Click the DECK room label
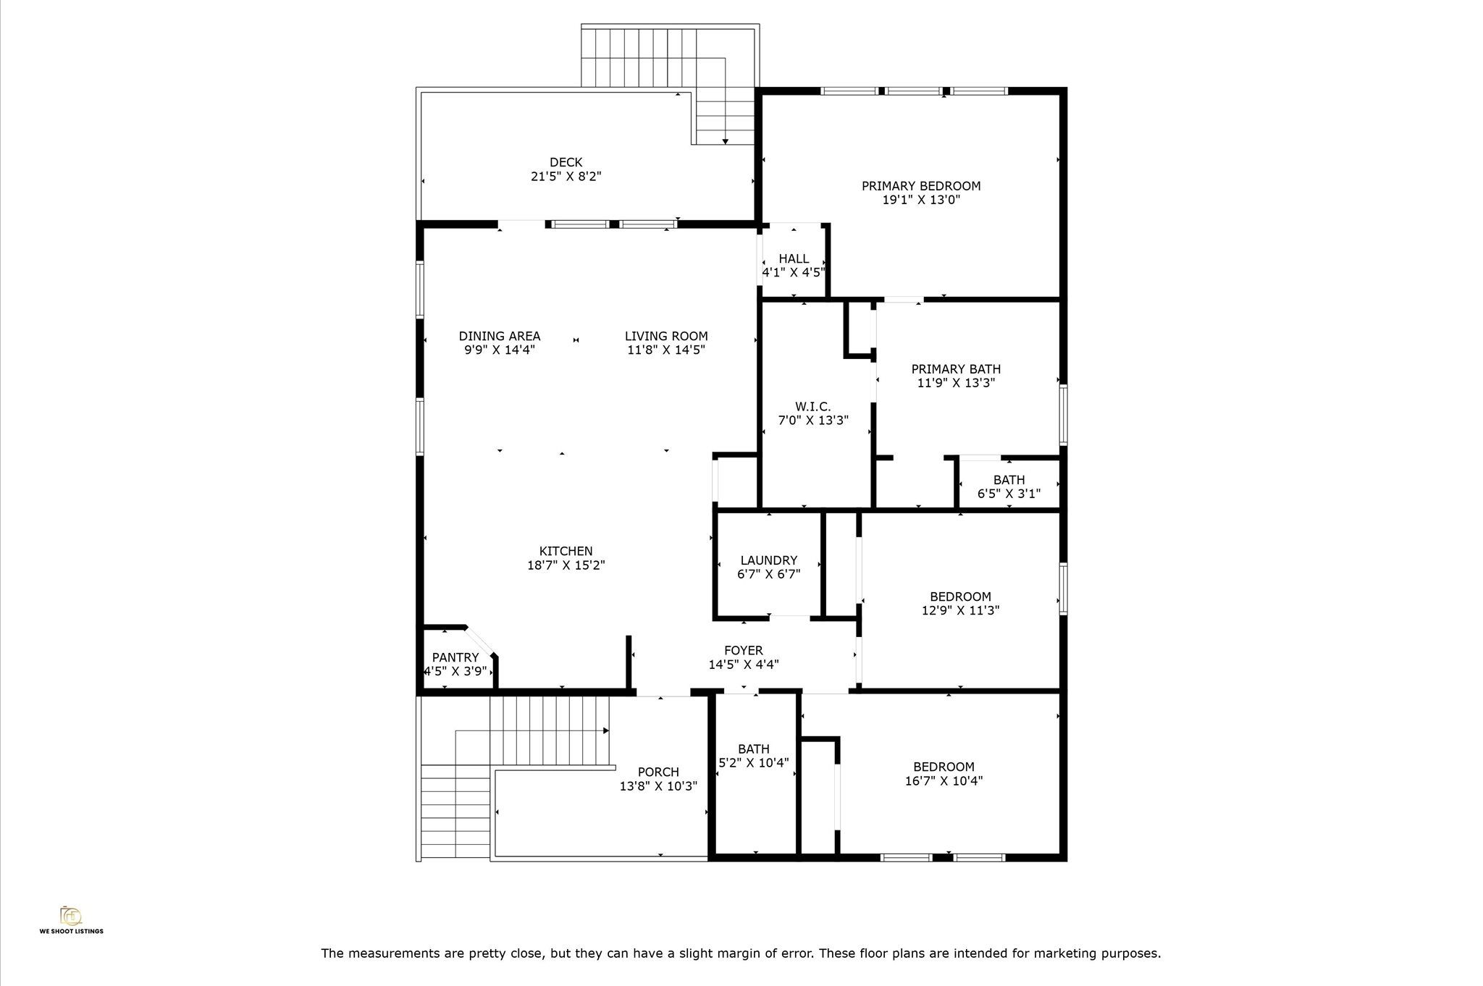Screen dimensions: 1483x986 566,163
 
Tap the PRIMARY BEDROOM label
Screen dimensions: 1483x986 921,186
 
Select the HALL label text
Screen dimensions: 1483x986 794,259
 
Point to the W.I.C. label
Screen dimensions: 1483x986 812,407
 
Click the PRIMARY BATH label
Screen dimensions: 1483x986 956,369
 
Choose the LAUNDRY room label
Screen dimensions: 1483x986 768,560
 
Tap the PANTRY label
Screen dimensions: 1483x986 455,657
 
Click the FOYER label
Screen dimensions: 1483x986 743,651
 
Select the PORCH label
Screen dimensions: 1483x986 658,772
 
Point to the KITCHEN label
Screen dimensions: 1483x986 566,552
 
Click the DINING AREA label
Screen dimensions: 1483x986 500,336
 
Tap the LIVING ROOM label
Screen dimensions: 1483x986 666,336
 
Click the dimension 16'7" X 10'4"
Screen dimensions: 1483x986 944,781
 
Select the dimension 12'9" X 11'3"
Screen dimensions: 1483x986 960,610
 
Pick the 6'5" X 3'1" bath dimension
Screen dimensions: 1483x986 1009,494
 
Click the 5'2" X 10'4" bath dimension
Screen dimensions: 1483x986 753,763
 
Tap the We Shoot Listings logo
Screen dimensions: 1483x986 71,919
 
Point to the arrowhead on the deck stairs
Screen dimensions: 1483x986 725,141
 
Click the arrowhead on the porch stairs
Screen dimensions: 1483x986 606,731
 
